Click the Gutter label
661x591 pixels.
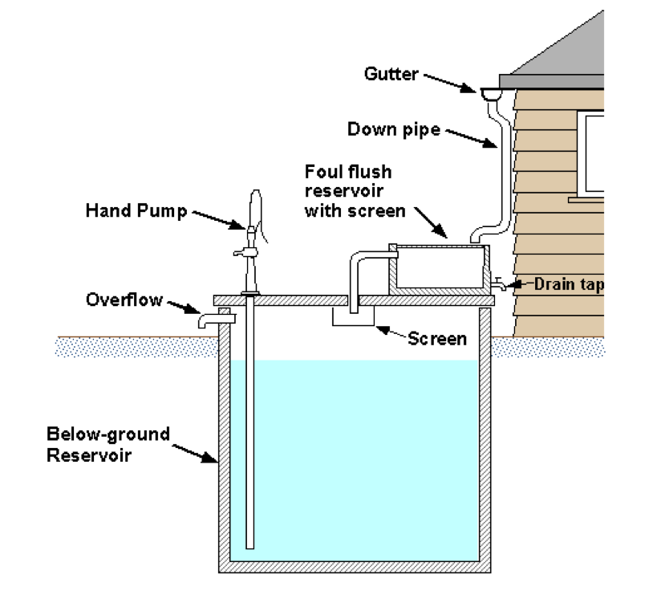(x=391, y=74)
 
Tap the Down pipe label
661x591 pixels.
(x=394, y=128)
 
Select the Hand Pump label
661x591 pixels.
(x=136, y=211)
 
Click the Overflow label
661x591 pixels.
(x=124, y=300)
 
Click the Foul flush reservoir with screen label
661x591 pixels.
(x=348, y=191)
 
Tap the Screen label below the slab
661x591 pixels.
(x=437, y=338)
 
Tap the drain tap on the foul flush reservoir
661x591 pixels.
(x=499, y=283)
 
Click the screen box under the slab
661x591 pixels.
(x=353, y=317)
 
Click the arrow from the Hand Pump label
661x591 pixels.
(x=217, y=218)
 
